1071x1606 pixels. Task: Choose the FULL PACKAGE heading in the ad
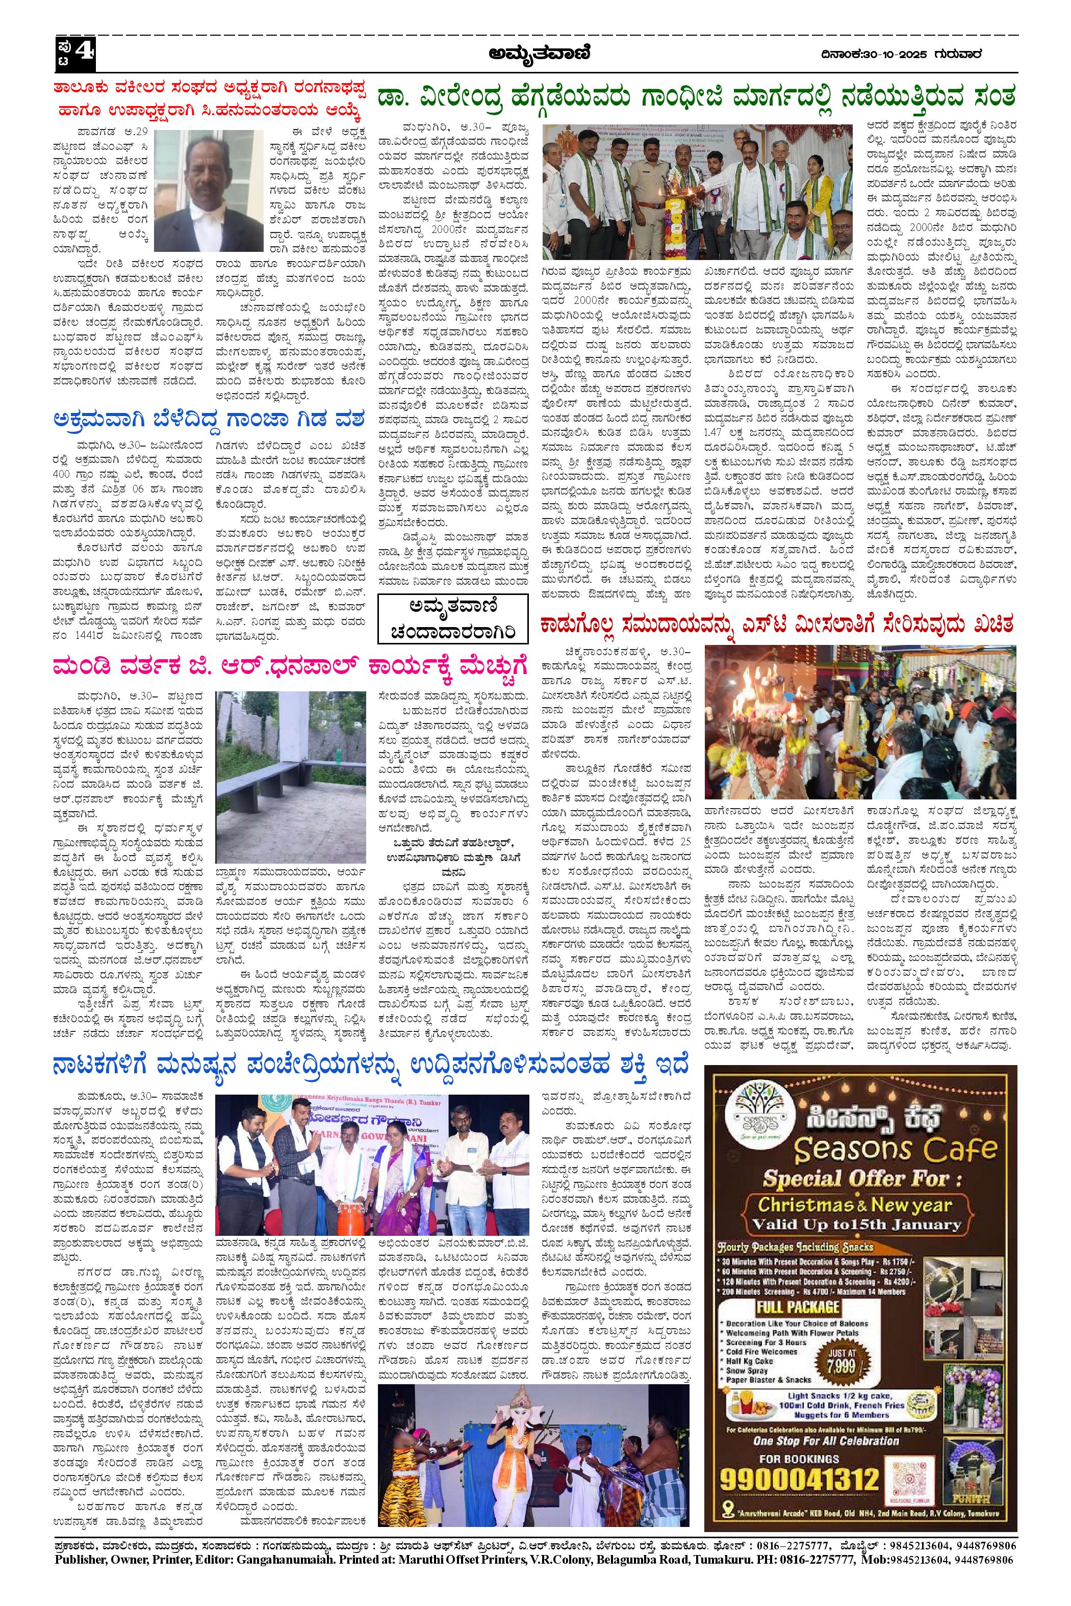tap(797, 1287)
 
